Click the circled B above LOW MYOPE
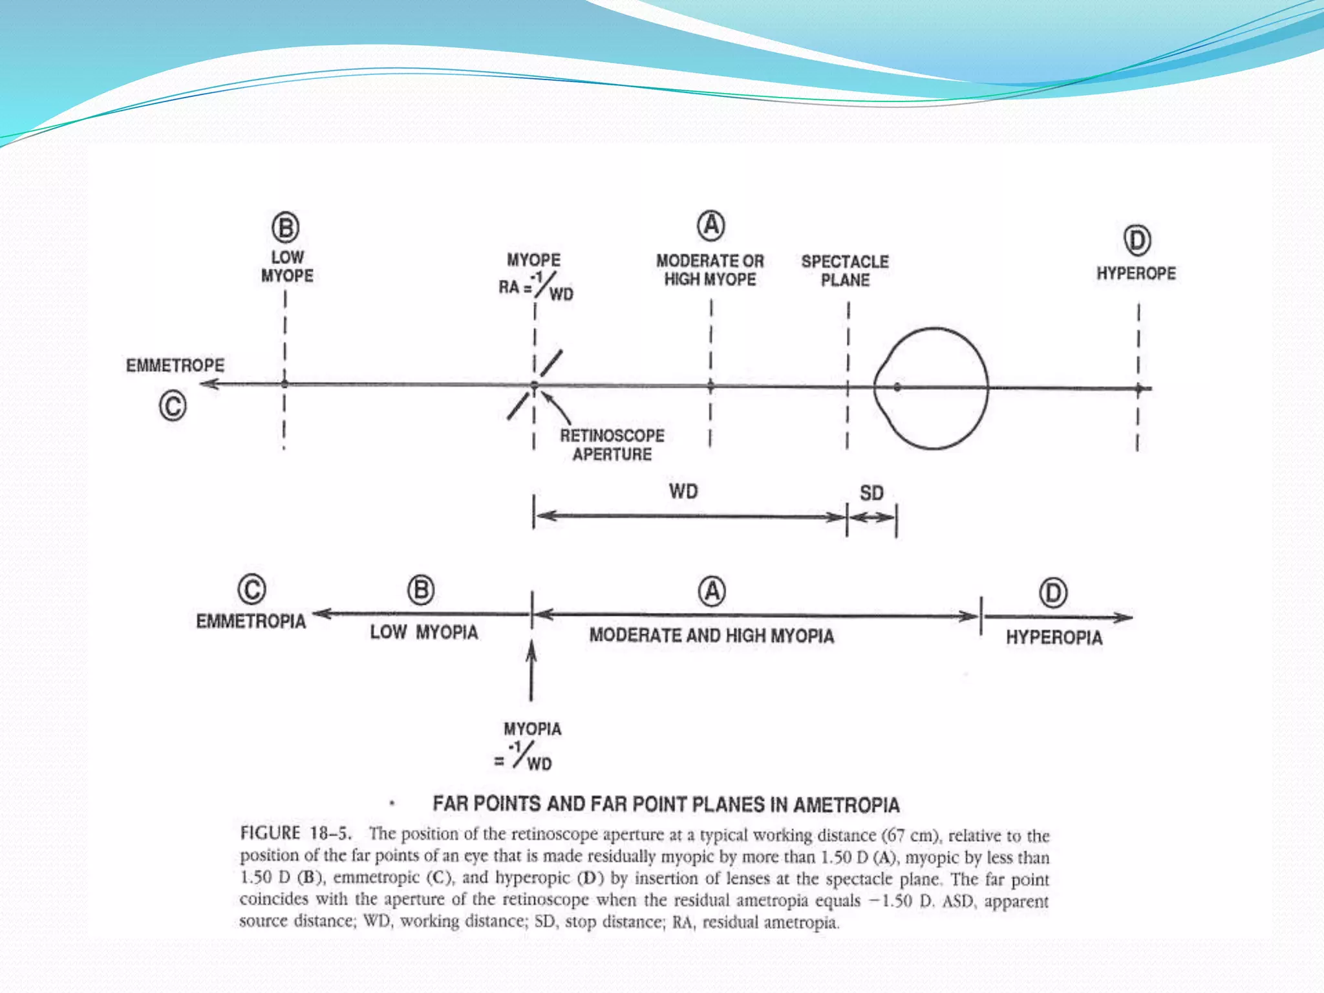pos(285,228)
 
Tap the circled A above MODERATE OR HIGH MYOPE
pos(710,226)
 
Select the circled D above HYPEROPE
pos(1137,240)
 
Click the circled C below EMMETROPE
pos(173,407)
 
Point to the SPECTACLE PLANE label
pos(845,271)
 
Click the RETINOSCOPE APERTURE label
pos(612,445)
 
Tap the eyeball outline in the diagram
pos(931,389)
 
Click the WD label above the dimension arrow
pos(683,491)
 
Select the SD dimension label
pos(871,493)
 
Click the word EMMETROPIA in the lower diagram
pos(251,621)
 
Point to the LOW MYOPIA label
pos(424,632)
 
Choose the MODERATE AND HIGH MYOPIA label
pos(712,635)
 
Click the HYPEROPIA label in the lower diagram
pos(1054,637)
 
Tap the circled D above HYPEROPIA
pos(1053,593)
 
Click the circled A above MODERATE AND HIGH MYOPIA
pos(712,592)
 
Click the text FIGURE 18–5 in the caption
pos(296,833)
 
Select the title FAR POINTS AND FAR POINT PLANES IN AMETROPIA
pos(666,804)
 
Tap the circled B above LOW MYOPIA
pos(421,590)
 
